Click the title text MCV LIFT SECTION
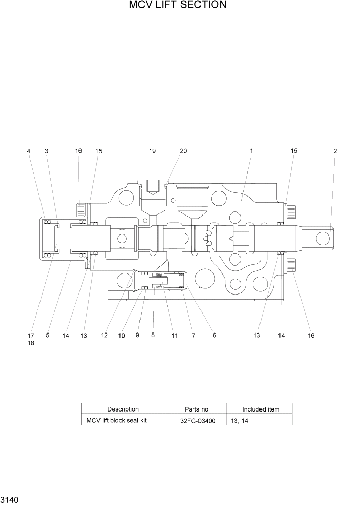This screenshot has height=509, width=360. click(x=177, y=6)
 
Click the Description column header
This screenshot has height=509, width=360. click(x=123, y=409)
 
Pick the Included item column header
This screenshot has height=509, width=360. click(x=261, y=409)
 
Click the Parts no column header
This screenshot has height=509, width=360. click(x=196, y=409)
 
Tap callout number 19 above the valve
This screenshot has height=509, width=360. click(x=152, y=151)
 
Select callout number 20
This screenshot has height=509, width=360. click(x=183, y=151)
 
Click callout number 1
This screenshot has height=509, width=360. click(x=252, y=151)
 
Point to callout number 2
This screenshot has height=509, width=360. click(x=335, y=151)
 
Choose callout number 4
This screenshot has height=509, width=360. click(x=29, y=151)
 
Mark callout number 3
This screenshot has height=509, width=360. click(x=47, y=151)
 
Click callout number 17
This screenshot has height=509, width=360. click(x=31, y=336)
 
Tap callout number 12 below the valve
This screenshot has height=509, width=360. click(x=104, y=336)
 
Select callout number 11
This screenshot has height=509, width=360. click(x=175, y=336)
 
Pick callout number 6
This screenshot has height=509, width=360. click(x=214, y=336)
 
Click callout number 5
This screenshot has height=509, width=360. click(x=48, y=336)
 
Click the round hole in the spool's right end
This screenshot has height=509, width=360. click(x=323, y=238)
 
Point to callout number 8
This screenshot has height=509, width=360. click(x=153, y=336)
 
